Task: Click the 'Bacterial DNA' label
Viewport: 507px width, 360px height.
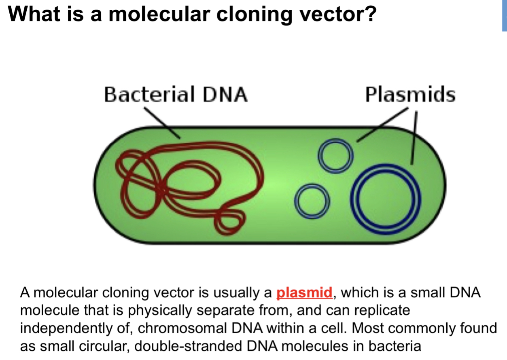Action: (175, 95)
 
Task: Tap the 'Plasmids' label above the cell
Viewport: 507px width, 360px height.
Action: (410, 95)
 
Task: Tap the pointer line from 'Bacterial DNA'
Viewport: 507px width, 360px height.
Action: (162, 122)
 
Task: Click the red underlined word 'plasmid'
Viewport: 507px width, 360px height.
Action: (304, 292)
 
